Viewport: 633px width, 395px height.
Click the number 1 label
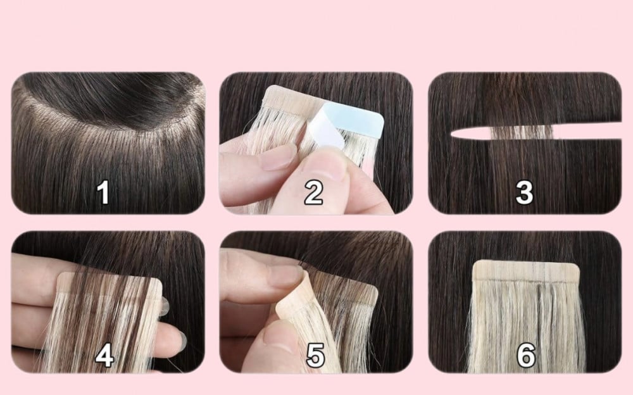click(x=103, y=192)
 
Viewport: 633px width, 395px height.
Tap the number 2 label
click(x=313, y=193)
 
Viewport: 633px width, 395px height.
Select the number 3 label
click(x=524, y=192)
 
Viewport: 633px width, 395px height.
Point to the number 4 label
click(x=104, y=356)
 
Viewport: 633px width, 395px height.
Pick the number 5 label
click(x=315, y=355)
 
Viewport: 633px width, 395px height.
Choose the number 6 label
click(x=526, y=355)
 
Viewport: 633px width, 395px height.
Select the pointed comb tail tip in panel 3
click(x=451, y=134)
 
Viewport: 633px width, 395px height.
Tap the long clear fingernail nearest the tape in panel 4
click(x=165, y=306)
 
